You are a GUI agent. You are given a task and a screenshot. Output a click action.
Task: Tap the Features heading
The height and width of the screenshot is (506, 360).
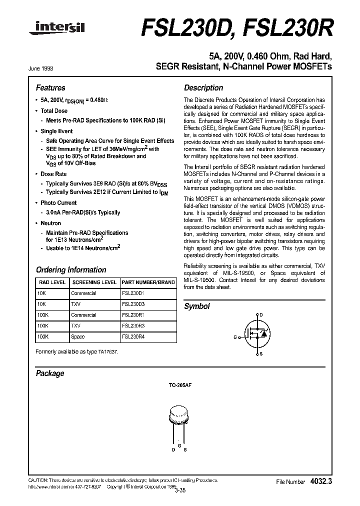(50, 87)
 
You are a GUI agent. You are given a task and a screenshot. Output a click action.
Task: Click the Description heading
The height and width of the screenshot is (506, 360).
(203, 87)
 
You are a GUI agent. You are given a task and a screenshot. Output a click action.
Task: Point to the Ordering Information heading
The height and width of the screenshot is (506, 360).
(71, 269)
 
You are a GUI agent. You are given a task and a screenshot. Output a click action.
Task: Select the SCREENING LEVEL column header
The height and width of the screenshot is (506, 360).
(94, 282)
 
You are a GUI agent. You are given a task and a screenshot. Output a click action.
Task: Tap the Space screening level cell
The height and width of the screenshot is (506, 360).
(78, 337)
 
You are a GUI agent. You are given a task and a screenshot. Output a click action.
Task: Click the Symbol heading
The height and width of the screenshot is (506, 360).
(197, 306)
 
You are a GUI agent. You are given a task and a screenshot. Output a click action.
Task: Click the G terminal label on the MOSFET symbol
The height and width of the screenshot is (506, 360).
(235, 337)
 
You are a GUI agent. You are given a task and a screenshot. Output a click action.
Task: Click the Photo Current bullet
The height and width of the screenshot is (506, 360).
(58, 203)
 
